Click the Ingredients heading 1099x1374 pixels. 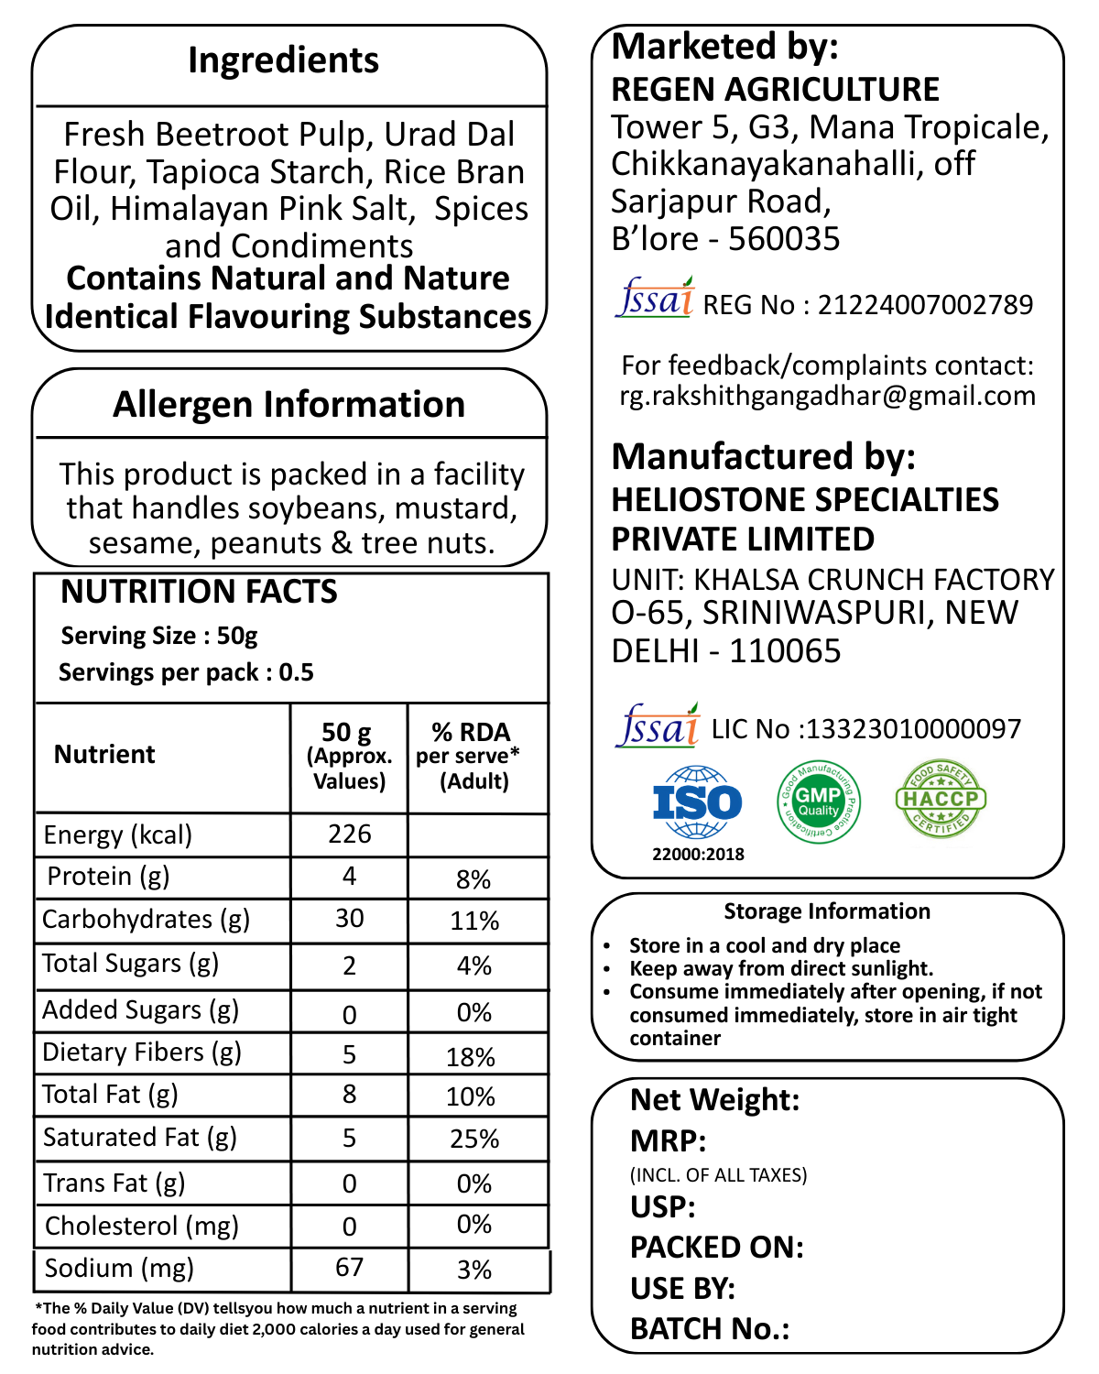[x=283, y=60]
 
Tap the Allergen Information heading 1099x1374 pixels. [x=288, y=404]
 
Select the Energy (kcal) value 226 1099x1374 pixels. [x=349, y=834]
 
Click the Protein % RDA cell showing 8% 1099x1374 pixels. [x=473, y=879]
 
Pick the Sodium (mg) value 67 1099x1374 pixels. [x=349, y=1267]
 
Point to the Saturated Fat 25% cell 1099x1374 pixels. [x=474, y=1139]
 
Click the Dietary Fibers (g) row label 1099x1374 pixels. [x=142, y=1052]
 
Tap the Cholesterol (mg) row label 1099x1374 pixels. [x=142, y=1226]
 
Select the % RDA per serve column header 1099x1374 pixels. [x=471, y=756]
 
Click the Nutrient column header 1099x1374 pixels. [x=104, y=754]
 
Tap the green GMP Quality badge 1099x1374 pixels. [x=818, y=802]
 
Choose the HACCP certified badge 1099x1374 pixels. [x=941, y=799]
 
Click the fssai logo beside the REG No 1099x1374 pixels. [x=655, y=298]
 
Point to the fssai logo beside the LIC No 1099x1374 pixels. [x=658, y=725]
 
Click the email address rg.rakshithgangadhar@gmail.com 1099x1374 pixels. [x=827, y=396]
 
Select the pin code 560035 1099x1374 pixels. [x=784, y=239]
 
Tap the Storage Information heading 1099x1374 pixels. [x=827, y=911]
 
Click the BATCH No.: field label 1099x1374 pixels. [x=710, y=1328]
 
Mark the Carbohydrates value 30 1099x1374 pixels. [x=349, y=919]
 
